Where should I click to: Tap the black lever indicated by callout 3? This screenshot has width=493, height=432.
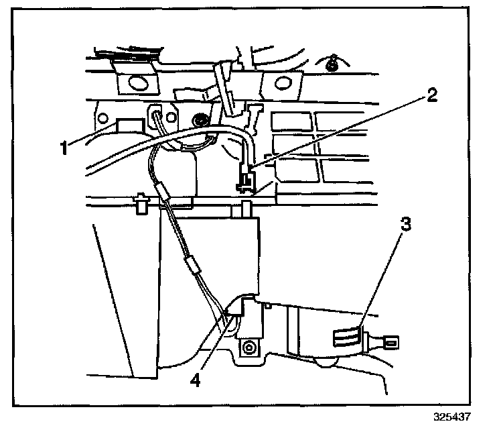tap(348, 336)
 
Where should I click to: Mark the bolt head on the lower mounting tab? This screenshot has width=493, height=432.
tap(249, 348)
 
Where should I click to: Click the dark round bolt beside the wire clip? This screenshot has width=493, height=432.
tap(199, 121)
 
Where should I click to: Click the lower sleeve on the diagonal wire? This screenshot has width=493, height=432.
tap(194, 266)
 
